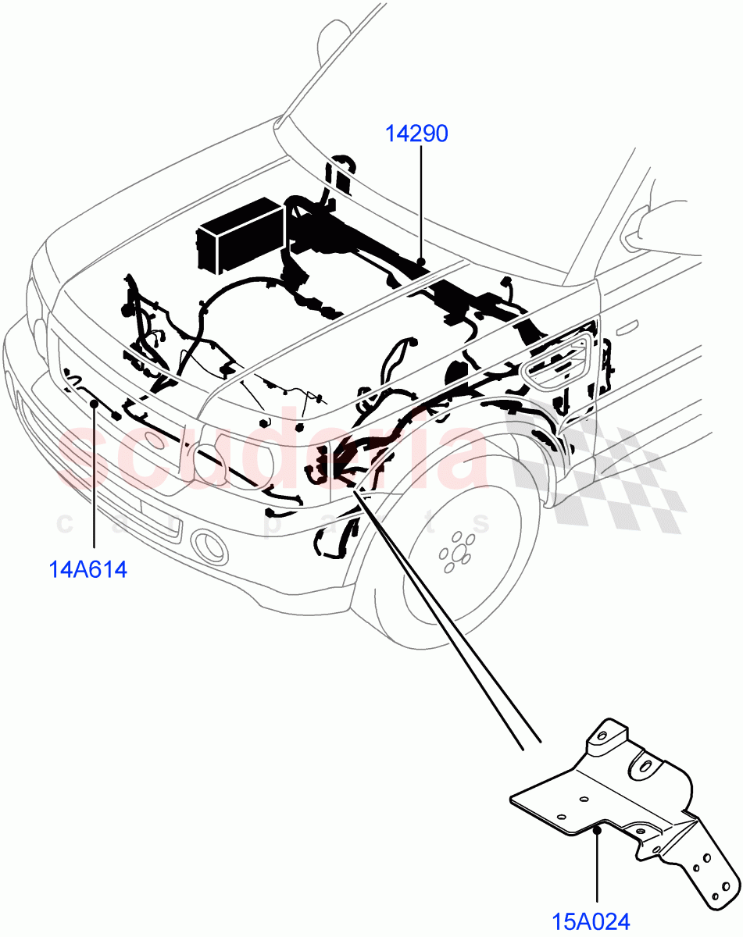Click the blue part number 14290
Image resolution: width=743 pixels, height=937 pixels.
point(416,134)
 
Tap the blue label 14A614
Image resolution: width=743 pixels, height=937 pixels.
point(88,569)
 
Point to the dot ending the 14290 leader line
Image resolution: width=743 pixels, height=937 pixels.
point(420,260)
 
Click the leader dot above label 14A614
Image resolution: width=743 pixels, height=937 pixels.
point(95,403)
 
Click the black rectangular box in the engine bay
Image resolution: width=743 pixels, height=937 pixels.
point(239,232)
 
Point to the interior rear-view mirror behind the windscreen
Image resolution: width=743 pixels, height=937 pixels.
point(332,34)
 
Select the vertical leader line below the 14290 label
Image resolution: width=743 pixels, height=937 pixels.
point(420,203)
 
